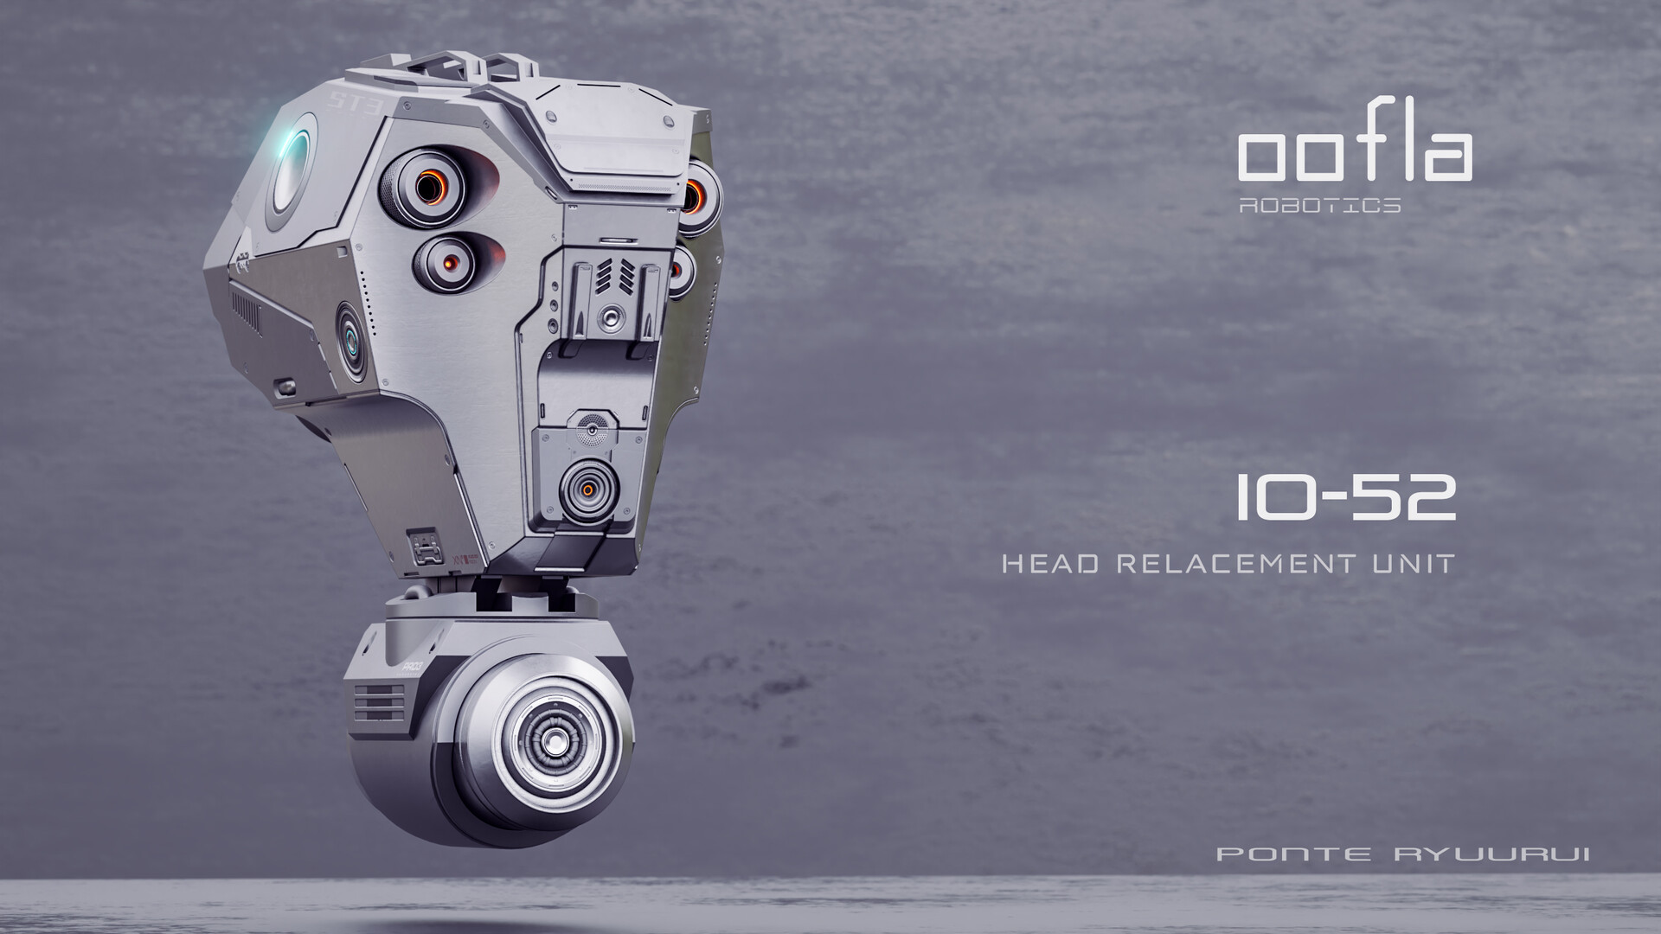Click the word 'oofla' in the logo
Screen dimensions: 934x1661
tap(1354, 156)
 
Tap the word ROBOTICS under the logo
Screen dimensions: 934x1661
tap(1319, 206)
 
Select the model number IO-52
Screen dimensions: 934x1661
tap(1345, 498)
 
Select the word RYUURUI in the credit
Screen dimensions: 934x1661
tap(1491, 854)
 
